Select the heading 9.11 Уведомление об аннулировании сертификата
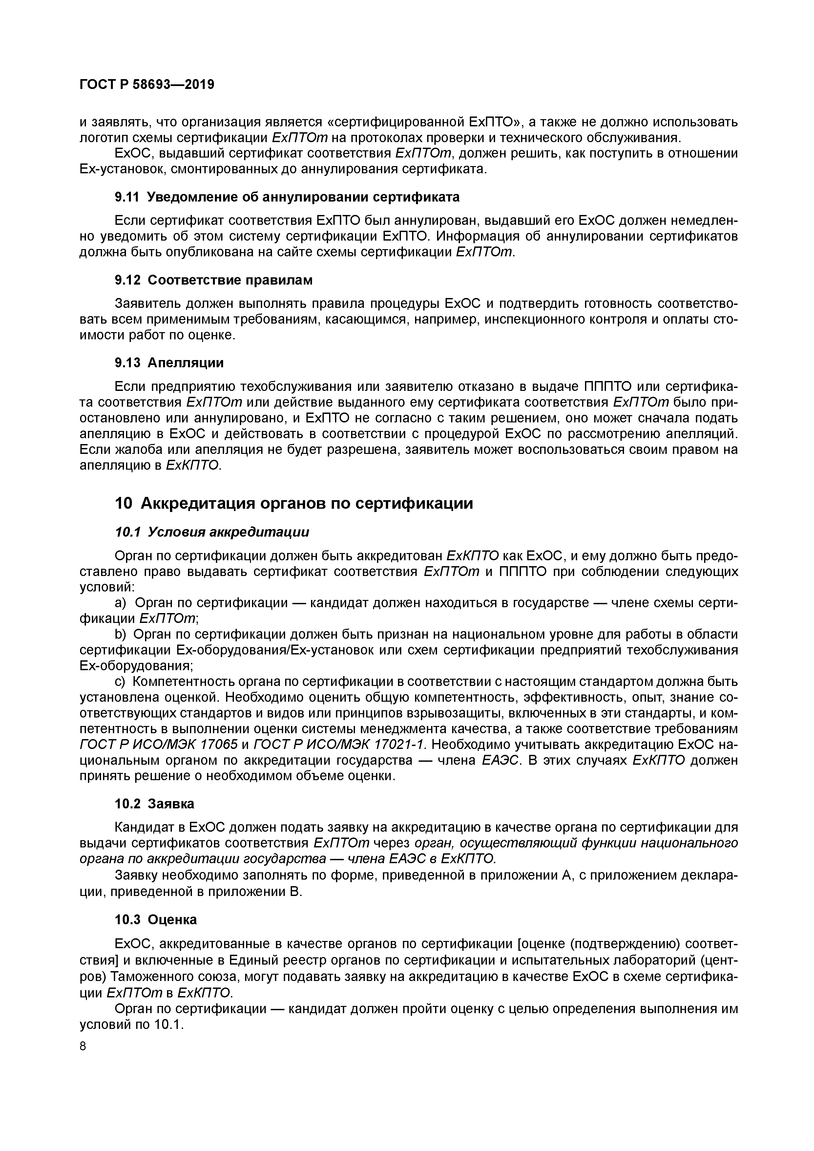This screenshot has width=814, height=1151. tap(287, 198)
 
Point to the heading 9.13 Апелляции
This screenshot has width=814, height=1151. tap(169, 362)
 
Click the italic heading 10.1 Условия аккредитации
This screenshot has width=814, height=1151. tap(212, 532)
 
